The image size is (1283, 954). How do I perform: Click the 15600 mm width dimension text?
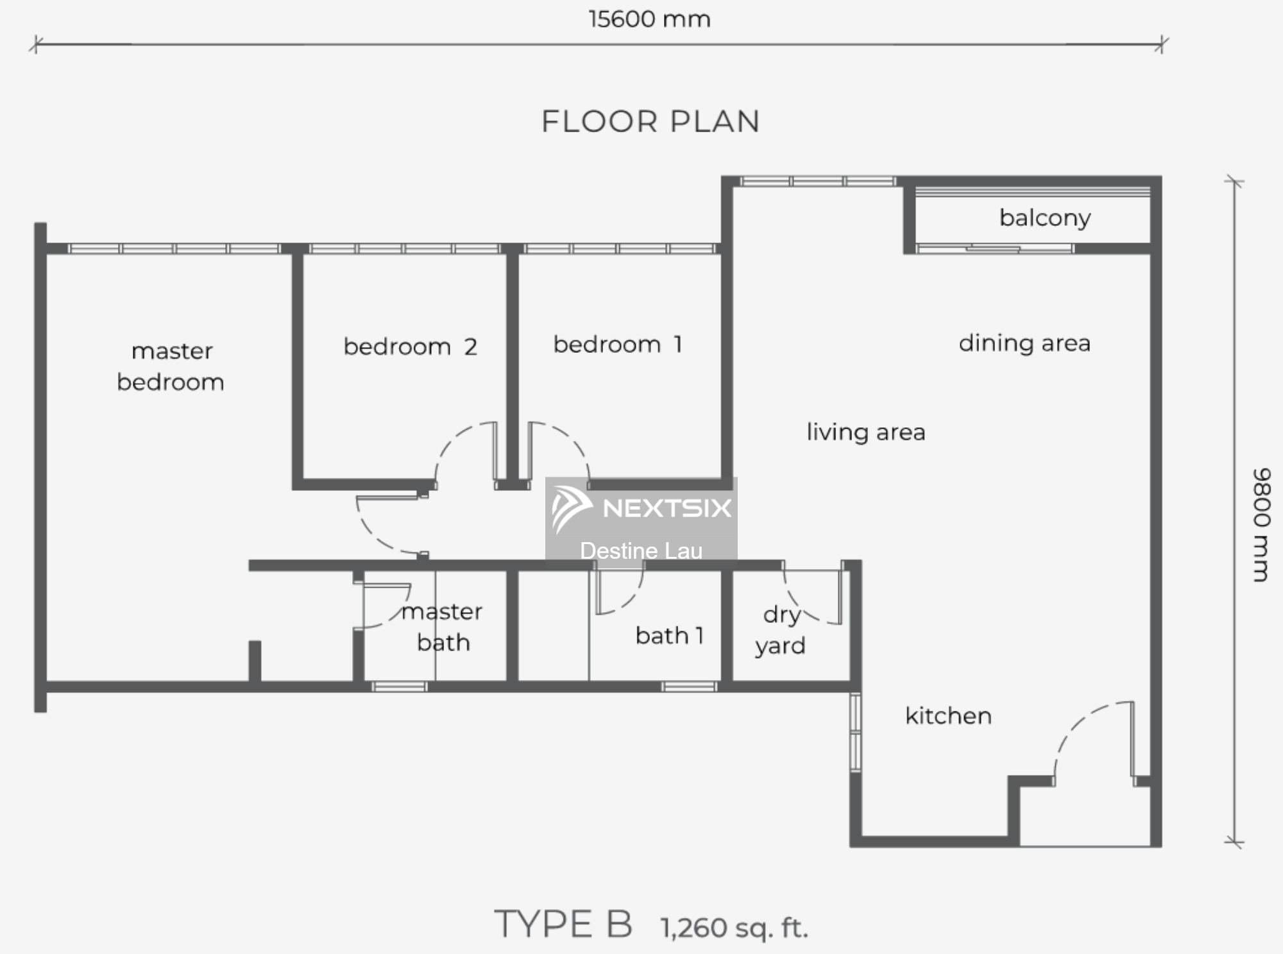coord(649,19)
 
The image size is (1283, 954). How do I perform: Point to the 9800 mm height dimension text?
coord(1261,525)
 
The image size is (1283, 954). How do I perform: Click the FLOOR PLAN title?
coord(650,121)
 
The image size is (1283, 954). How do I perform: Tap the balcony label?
coord(1045,218)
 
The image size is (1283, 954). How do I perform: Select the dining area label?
coord(1024,343)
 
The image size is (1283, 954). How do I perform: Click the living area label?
coord(866,432)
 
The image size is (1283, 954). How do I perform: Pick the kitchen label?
coord(948,715)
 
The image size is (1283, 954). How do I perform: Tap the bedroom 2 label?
coord(411,346)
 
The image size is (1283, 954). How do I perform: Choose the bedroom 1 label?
coord(618,345)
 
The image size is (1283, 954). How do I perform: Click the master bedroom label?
coord(171,366)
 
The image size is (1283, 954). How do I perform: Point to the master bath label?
coord(443,627)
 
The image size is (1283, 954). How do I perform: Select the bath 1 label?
coord(670,636)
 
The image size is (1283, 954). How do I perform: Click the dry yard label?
coord(780,630)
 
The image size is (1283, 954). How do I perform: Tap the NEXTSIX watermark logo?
coord(641,509)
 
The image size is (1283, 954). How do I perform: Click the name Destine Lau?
coord(641,551)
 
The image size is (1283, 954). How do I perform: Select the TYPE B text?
coord(563,924)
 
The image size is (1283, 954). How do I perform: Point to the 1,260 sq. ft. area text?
coord(734,928)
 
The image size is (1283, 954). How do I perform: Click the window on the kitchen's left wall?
coord(855,732)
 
